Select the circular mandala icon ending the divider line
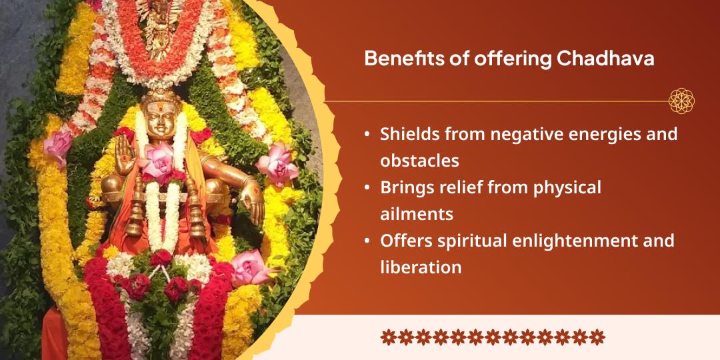681,101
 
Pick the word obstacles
420,161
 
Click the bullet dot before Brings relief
367,188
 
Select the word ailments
417,214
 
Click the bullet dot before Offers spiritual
367,241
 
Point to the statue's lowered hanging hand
252,206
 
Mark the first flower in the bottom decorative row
389,337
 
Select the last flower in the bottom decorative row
597,337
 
